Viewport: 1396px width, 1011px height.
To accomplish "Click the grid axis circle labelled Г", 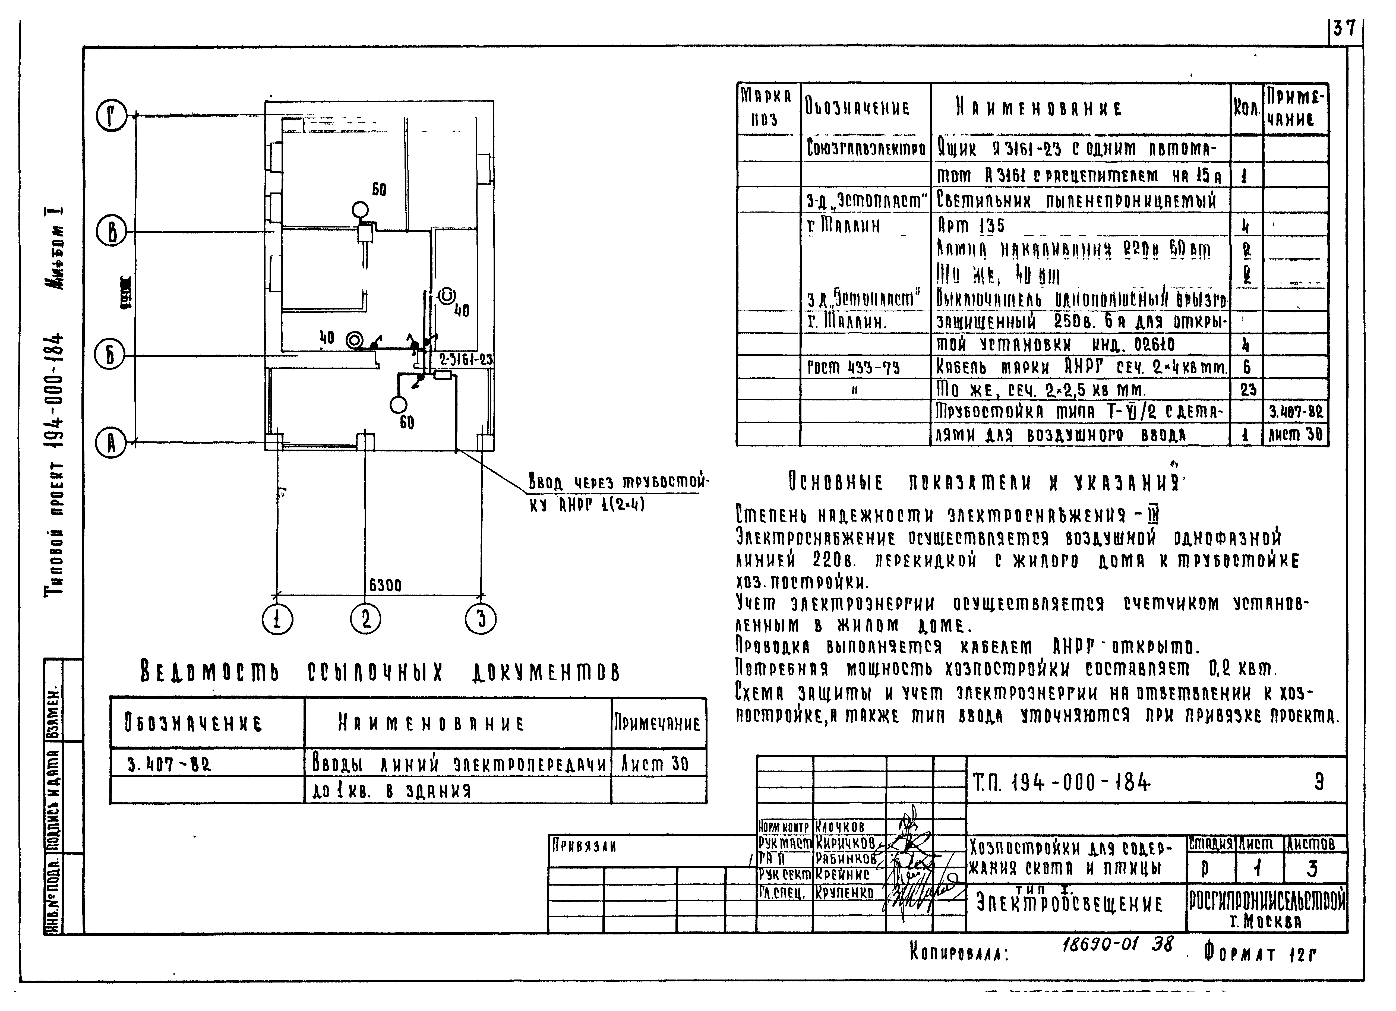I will [111, 116].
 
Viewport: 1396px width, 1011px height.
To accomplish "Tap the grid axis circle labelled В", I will [111, 233].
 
